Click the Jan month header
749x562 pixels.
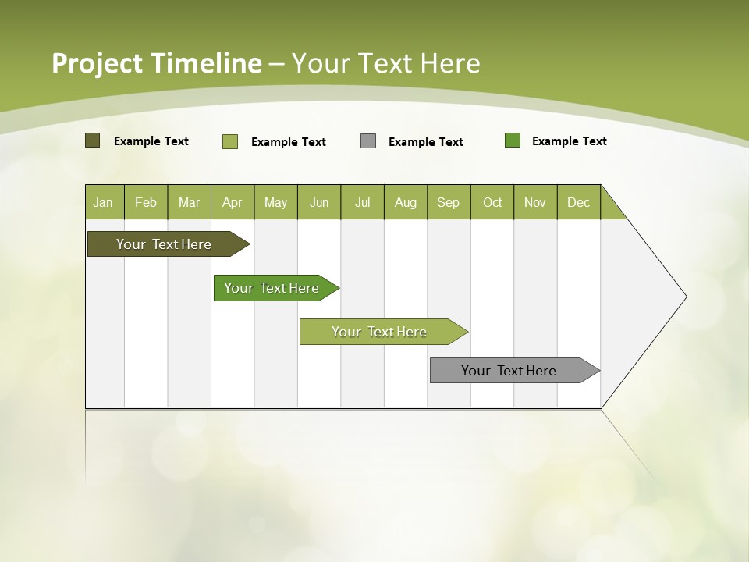104,202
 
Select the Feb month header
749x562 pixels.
146,202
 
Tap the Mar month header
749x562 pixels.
189,202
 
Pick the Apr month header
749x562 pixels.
233,202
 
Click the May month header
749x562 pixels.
275,202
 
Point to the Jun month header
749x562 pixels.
319,202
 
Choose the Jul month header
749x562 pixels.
362,202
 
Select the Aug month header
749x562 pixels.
406,202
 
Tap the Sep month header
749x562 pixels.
449,202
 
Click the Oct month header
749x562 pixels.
492,202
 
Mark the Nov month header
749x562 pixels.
535,202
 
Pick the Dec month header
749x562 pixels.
579,202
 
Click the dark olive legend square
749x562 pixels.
93,140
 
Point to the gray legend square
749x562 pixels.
368,141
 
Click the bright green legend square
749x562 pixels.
513,140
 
